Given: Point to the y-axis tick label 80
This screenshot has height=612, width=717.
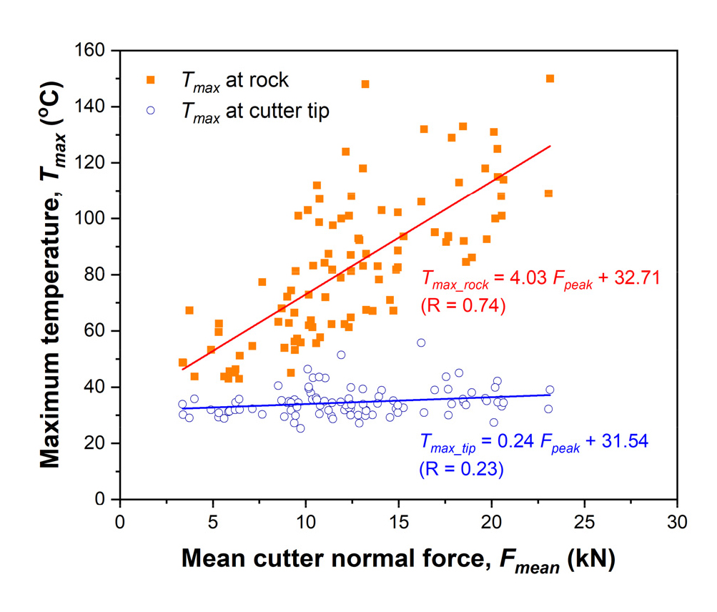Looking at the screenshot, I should coord(101,275).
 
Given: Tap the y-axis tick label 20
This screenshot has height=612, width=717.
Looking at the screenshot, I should coord(101,443).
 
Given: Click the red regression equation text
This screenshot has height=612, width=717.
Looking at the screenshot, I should coord(540,277).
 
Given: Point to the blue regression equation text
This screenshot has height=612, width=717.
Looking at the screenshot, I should coord(533,441).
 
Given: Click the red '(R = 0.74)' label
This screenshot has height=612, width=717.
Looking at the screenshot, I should coord(463,306).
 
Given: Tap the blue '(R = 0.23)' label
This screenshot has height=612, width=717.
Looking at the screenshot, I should coord(461,470).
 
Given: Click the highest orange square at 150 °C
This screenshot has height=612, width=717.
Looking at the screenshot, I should coord(550,79).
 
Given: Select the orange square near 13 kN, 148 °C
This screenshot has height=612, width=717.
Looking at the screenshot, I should coord(365,84).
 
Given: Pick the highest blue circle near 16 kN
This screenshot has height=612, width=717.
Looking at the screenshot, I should coord(421,342).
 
